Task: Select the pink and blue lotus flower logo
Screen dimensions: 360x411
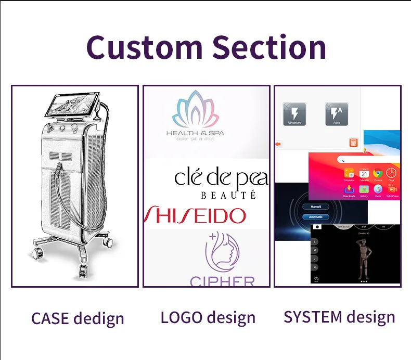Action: pyautogui.click(x=195, y=110)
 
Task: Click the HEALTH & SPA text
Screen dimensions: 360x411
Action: pyautogui.click(x=195, y=133)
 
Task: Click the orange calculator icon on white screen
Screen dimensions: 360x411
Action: pyautogui.click(x=353, y=143)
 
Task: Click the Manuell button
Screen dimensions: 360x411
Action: pyautogui.click(x=316, y=207)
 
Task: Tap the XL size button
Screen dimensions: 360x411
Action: pyautogui.click(x=315, y=266)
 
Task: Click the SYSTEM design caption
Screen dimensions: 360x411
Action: pyautogui.click(x=339, y=317)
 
